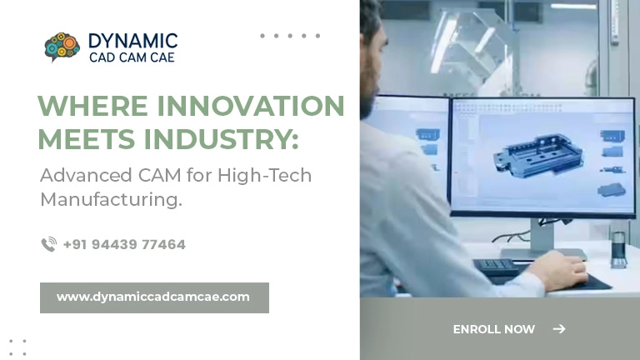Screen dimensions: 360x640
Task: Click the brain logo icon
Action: point(62,47)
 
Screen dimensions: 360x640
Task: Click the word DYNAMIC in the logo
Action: point(132,40)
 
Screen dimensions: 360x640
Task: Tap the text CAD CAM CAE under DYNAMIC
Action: point(132,57)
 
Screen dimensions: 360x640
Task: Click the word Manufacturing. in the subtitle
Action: point(111,200)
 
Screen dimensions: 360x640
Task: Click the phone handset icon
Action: point(48,244)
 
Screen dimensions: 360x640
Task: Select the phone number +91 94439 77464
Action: point(124,244)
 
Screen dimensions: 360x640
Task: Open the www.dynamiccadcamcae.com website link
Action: point(153,297)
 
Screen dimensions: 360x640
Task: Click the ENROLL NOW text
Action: point(493,329)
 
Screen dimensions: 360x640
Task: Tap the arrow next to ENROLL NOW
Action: point(559,329)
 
